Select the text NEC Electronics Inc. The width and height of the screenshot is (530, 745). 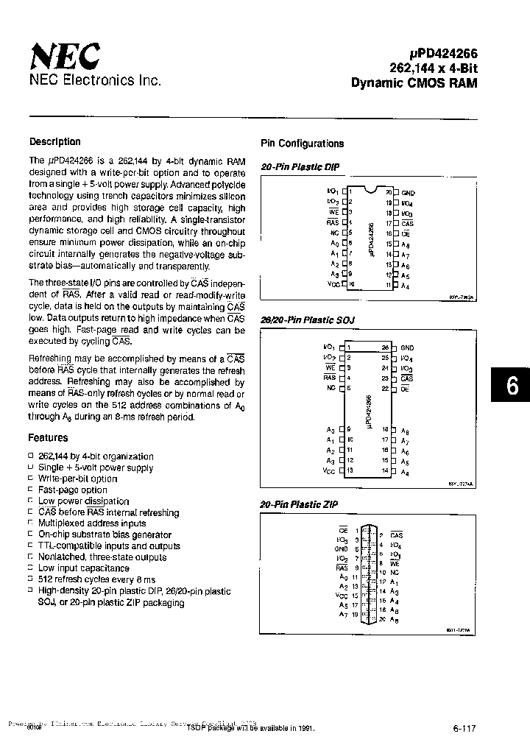[95, 80]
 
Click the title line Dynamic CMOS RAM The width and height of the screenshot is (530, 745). [414, 82]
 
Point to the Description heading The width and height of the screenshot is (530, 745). [55, 142]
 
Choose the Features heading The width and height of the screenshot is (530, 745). [49, 438]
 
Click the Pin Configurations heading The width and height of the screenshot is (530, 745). [303, 144]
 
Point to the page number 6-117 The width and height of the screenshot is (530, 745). [464, 729]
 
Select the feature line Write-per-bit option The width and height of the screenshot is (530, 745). [78, 479]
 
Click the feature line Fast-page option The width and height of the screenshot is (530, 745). [73, 490]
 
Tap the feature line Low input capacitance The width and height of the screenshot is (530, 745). [84, 568]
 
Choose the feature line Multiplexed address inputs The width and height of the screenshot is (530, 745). [92, 523]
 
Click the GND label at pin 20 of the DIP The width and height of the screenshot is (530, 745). [408, 193]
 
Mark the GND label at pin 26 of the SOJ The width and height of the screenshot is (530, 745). [407, 348]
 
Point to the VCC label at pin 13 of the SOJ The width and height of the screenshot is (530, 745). [328, 470]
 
